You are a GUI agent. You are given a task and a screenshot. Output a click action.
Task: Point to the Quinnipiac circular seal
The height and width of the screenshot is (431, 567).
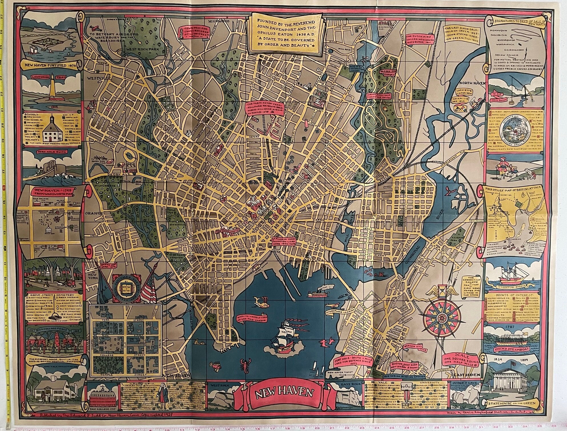point(513,131)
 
